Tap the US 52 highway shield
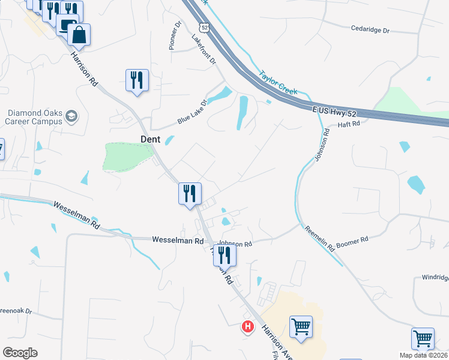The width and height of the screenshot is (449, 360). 204,28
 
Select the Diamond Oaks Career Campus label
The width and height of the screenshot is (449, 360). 34,116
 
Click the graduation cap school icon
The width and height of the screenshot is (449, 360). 71,115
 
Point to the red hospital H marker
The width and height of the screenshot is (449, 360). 247,327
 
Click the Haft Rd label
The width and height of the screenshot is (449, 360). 348,124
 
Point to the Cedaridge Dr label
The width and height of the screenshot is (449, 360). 370,28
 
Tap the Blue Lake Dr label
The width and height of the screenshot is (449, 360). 191,112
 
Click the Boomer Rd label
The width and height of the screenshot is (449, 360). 353,241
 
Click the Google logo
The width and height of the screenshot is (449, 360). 19,353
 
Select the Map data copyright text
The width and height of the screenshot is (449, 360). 424,355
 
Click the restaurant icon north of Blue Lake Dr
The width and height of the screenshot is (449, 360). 137,80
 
